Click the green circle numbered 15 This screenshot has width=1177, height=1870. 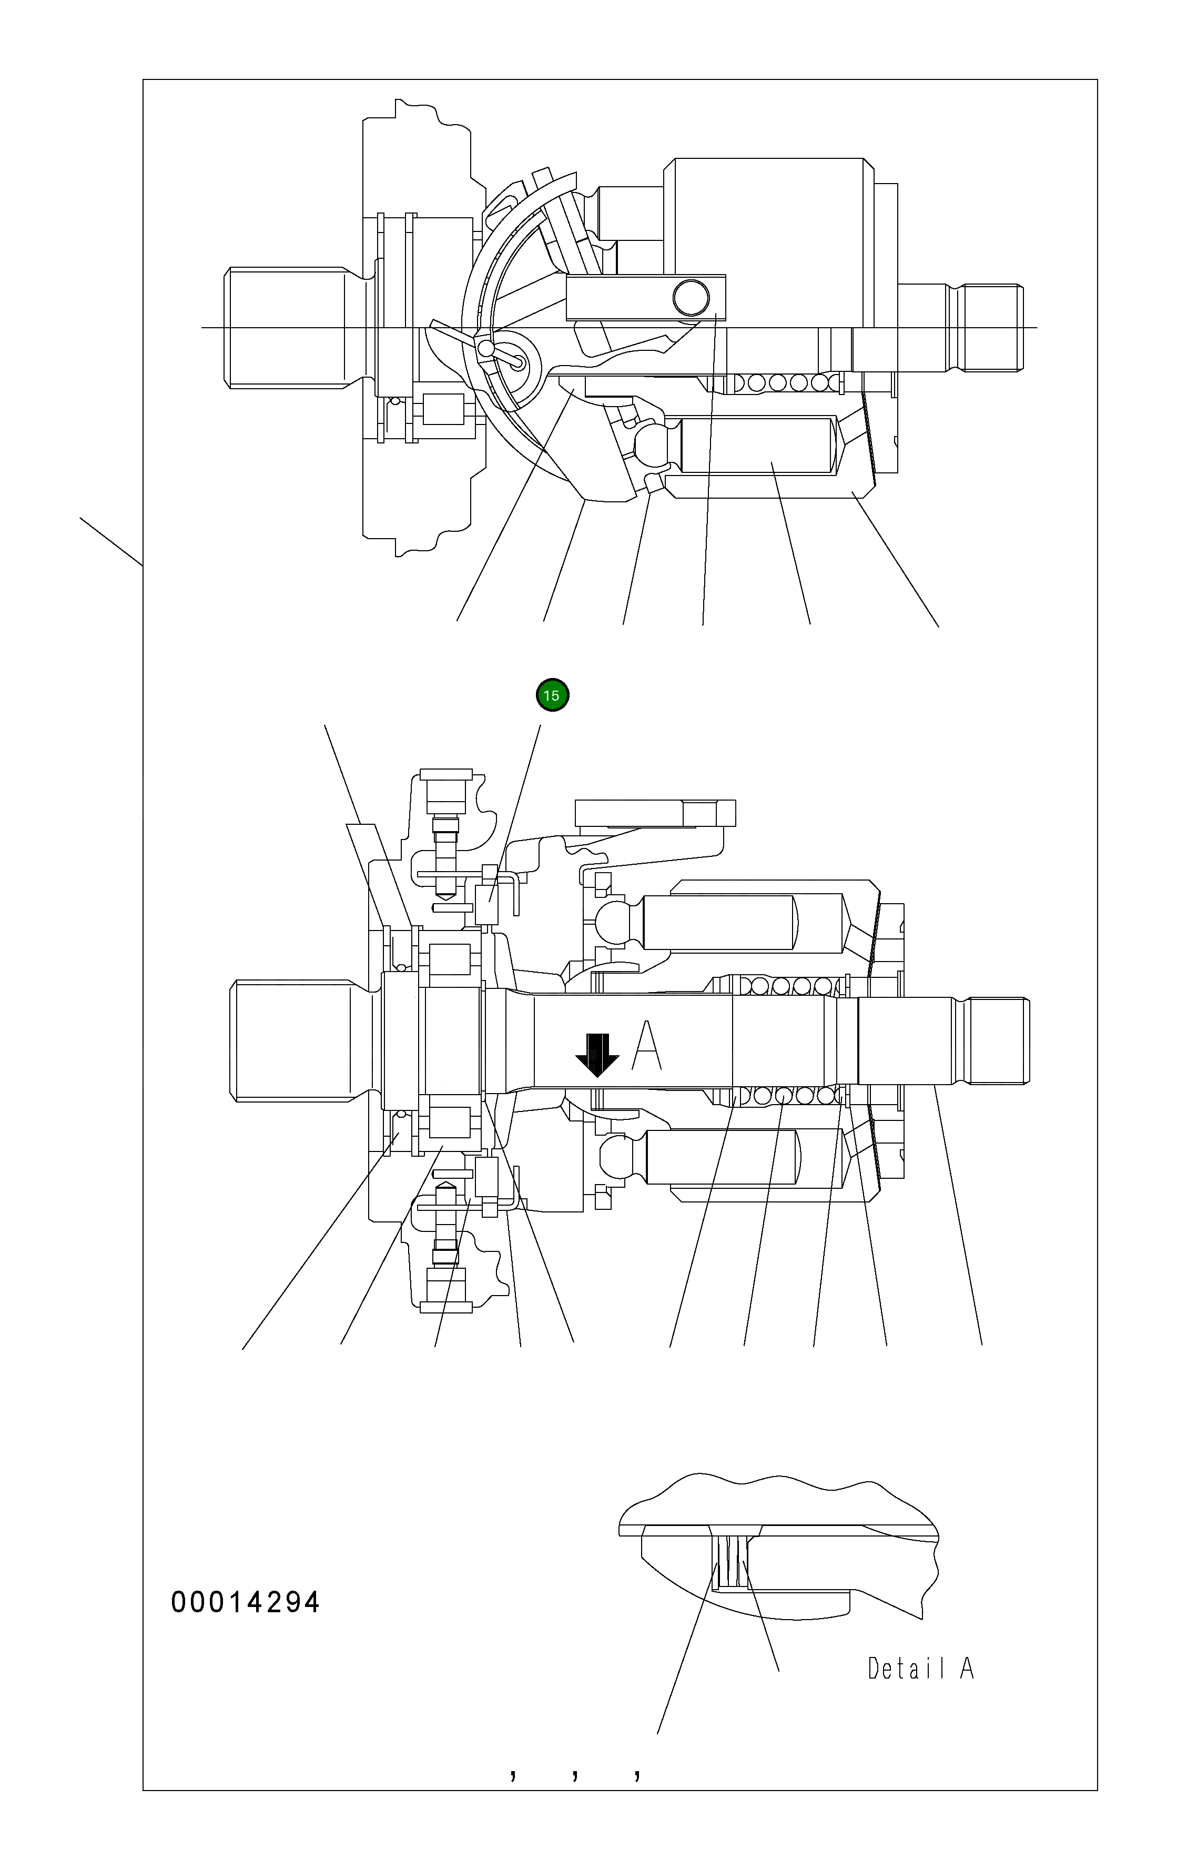552,695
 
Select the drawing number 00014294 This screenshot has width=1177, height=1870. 245,1602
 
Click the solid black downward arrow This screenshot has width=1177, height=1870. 596,1054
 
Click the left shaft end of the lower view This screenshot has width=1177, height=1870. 291,1040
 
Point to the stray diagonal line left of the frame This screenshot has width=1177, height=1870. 111,541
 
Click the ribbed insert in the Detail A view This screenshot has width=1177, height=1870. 732,1562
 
